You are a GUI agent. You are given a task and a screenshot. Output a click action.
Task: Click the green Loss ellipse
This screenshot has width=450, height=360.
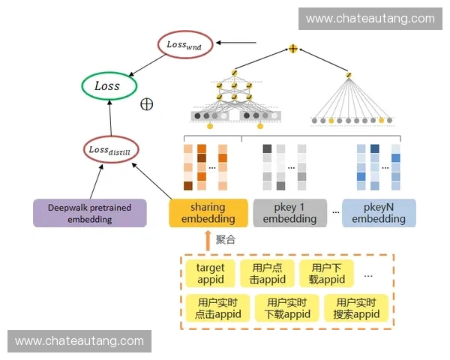109,85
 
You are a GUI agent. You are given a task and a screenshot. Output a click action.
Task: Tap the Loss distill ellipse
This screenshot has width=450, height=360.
109,148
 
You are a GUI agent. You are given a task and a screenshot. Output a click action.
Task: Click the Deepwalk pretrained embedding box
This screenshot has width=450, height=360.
89,213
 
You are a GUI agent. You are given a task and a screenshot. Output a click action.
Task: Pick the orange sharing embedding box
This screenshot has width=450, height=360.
208,213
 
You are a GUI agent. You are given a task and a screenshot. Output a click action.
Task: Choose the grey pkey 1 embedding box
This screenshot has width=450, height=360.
289,213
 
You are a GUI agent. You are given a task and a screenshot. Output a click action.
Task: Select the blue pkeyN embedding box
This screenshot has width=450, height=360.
379,213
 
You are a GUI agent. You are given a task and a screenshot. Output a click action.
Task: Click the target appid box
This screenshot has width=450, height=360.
210,274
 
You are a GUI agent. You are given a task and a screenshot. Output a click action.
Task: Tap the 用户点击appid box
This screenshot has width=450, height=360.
268,274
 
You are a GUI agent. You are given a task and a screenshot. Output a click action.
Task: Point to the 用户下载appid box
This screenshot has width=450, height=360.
326,274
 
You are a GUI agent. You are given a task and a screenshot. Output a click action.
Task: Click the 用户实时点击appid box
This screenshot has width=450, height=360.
217,308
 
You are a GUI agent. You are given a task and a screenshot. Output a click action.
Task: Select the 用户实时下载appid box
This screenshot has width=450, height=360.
287,308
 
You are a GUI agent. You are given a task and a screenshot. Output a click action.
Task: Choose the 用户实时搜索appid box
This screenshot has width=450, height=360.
356,308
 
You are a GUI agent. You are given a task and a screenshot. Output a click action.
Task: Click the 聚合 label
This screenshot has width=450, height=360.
226,239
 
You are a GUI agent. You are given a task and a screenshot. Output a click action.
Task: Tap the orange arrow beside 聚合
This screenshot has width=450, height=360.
208,240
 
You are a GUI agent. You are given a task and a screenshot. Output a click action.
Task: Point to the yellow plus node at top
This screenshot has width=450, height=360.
293,49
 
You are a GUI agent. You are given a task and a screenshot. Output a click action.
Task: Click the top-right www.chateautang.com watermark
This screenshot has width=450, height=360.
370,18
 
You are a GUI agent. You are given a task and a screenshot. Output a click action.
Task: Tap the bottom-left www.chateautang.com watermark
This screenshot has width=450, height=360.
79,341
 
